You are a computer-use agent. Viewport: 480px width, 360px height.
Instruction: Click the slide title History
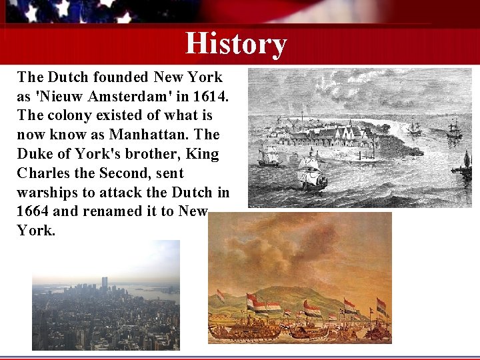(x=236, y=43)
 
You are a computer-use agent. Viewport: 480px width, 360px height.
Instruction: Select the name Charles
(x=43, y=173)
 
